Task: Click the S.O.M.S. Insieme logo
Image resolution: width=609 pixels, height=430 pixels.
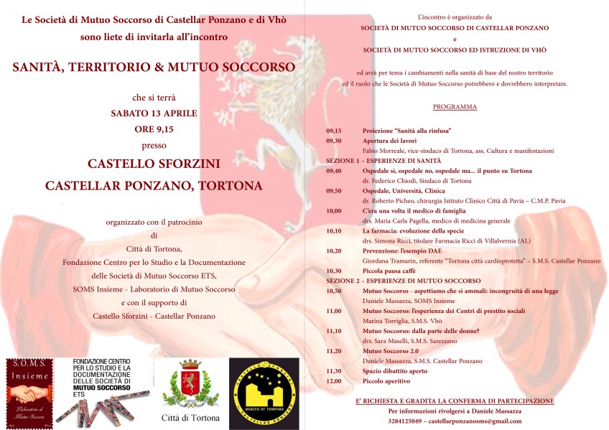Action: (x=29, y=391)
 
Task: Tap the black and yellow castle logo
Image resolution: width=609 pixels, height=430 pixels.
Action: (x=264, y=391)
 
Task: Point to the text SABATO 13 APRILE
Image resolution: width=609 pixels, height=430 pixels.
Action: (x=154, y=113)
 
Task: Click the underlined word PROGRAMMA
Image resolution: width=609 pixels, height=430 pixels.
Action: (x=455, y=107)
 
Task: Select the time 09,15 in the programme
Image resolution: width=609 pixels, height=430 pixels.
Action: (x=333, y=131)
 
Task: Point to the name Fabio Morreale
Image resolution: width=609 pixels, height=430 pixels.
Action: (x=385, y=151)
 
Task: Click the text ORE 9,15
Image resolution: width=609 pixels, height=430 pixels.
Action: (x=154, y=130)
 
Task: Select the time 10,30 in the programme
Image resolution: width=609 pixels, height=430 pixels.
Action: (x=333, y=271)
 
